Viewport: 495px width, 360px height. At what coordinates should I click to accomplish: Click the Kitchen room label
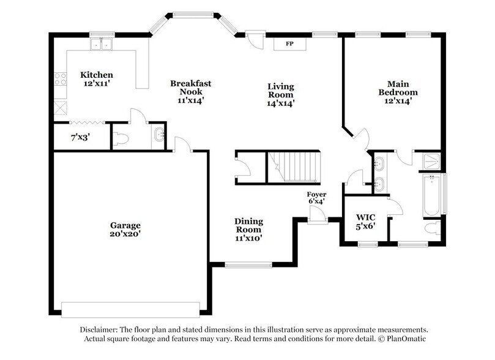point(97,75)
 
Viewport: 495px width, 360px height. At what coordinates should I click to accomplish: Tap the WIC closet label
point(365,217)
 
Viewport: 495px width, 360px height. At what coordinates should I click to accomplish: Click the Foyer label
point(316,194)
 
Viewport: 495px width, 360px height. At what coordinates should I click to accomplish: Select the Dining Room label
point(248,225)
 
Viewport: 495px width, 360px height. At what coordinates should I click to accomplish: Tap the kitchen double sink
point(101,44)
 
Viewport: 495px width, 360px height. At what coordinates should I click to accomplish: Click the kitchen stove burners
point(60,78)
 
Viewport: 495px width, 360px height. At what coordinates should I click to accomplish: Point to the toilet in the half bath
point(121,139)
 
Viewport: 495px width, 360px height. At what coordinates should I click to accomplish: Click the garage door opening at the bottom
point(130,309)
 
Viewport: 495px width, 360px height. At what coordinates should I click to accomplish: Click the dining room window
point(248,264)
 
